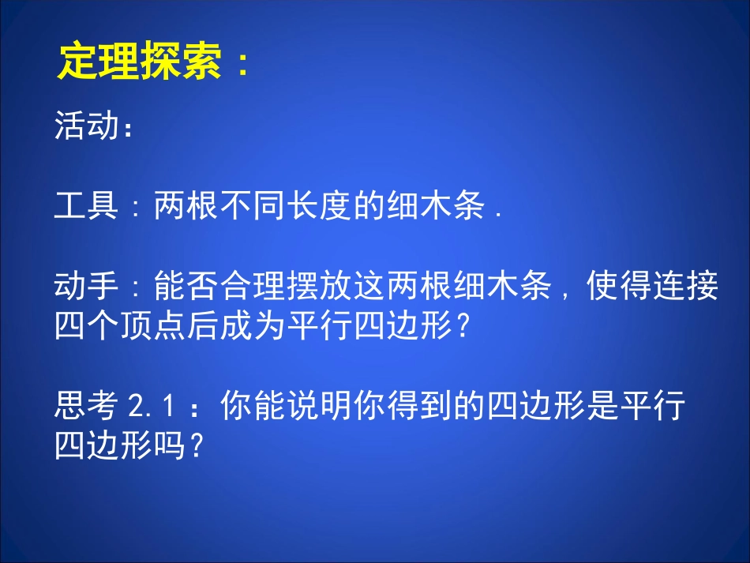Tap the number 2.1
150,407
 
